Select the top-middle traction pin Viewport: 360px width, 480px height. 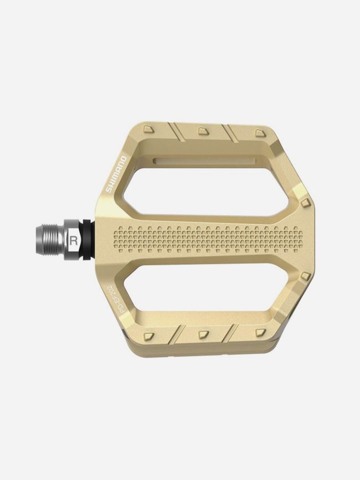(x=203, y=131)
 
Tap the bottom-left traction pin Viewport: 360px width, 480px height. (x=148, y=336)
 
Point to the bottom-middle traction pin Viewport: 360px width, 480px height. (x=203, y=334)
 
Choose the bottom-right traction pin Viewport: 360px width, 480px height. (x=260, y=333)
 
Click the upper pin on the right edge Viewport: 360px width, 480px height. (x=305, y=203)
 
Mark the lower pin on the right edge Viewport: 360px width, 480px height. (x=305, y=275)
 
